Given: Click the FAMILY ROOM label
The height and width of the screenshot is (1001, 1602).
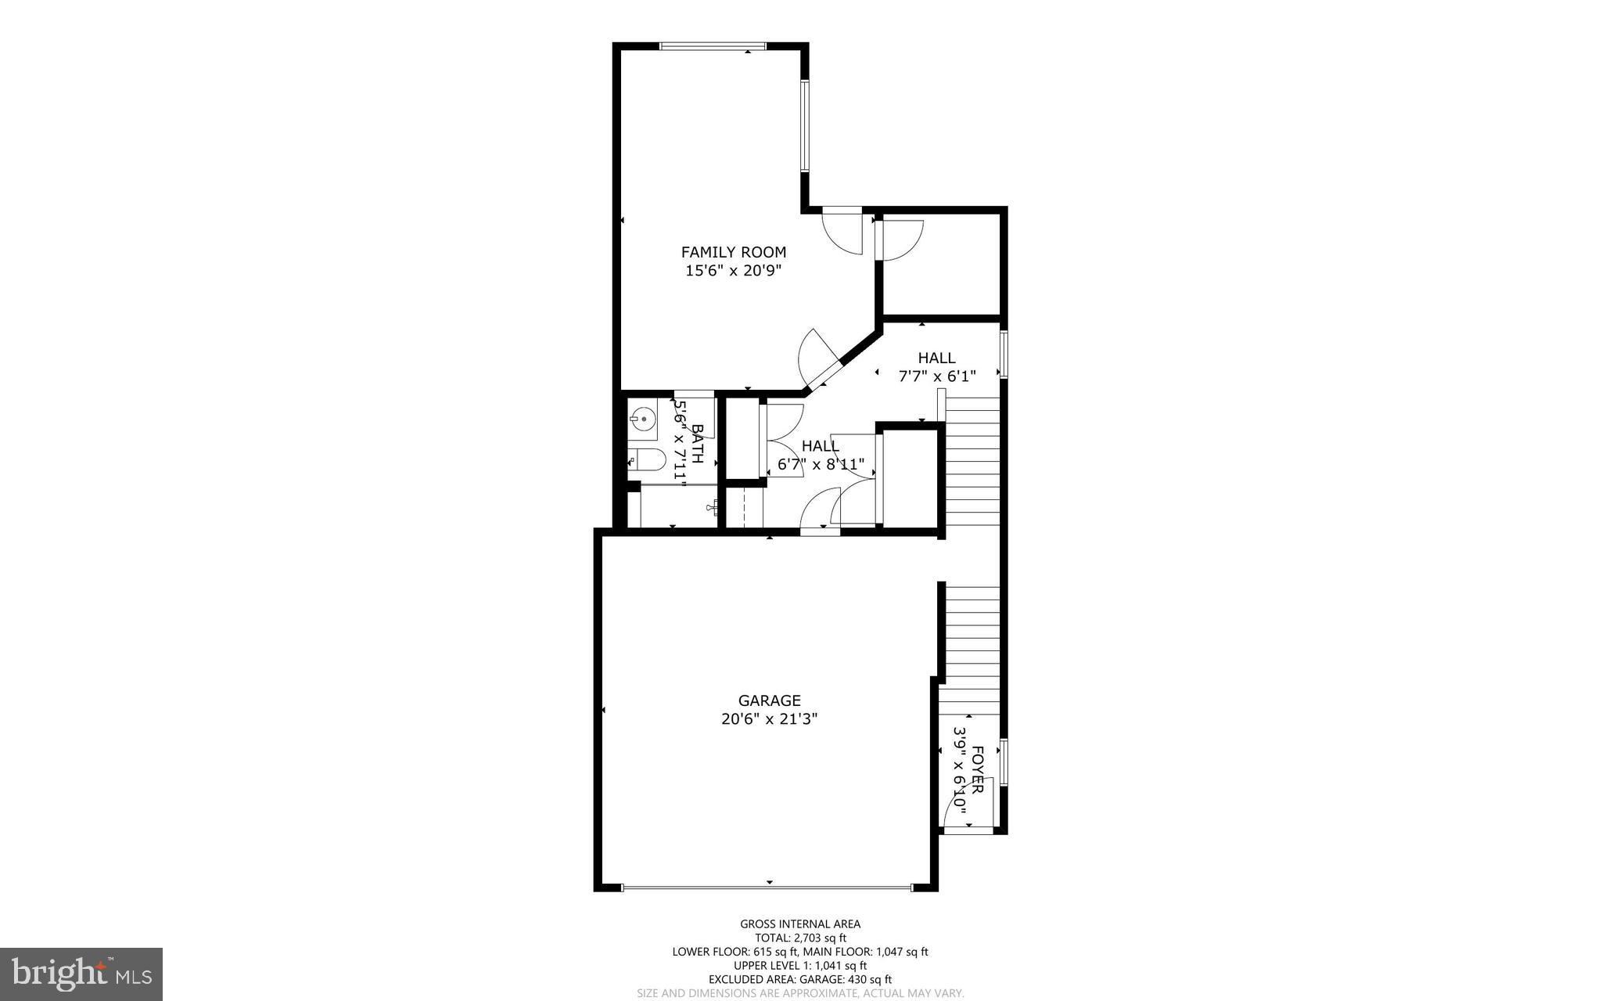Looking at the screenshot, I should click(733, 252).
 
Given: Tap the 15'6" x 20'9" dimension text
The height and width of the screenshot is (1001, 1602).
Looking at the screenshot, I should click(733, 271).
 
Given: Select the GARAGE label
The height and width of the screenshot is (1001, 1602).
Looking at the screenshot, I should click(769, 700).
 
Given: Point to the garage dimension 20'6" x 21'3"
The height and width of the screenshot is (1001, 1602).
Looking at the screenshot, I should click(769, 718).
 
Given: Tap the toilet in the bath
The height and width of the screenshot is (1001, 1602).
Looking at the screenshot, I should click(646, 460).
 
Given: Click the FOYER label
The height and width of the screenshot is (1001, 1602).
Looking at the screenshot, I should click(977, 771).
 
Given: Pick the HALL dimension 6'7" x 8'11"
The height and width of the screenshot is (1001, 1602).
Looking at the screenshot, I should click(821, 465).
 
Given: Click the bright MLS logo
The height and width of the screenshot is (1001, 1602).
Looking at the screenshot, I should click(81, 974).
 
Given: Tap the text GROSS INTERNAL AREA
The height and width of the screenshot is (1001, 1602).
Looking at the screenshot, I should click(800, 924).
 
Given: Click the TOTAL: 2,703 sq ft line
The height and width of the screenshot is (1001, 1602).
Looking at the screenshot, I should click(800, 938).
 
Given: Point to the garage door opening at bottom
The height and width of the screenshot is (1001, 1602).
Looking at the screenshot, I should click(767, 888).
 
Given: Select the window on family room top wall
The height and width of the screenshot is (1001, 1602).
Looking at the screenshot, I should click(712, 46).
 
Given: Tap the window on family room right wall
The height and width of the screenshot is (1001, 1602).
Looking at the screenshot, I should click(804, 125).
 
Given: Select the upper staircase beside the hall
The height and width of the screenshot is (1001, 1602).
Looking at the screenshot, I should click(973, 462).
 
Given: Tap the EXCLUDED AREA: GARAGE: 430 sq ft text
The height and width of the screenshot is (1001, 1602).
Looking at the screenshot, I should click(800, 979).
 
